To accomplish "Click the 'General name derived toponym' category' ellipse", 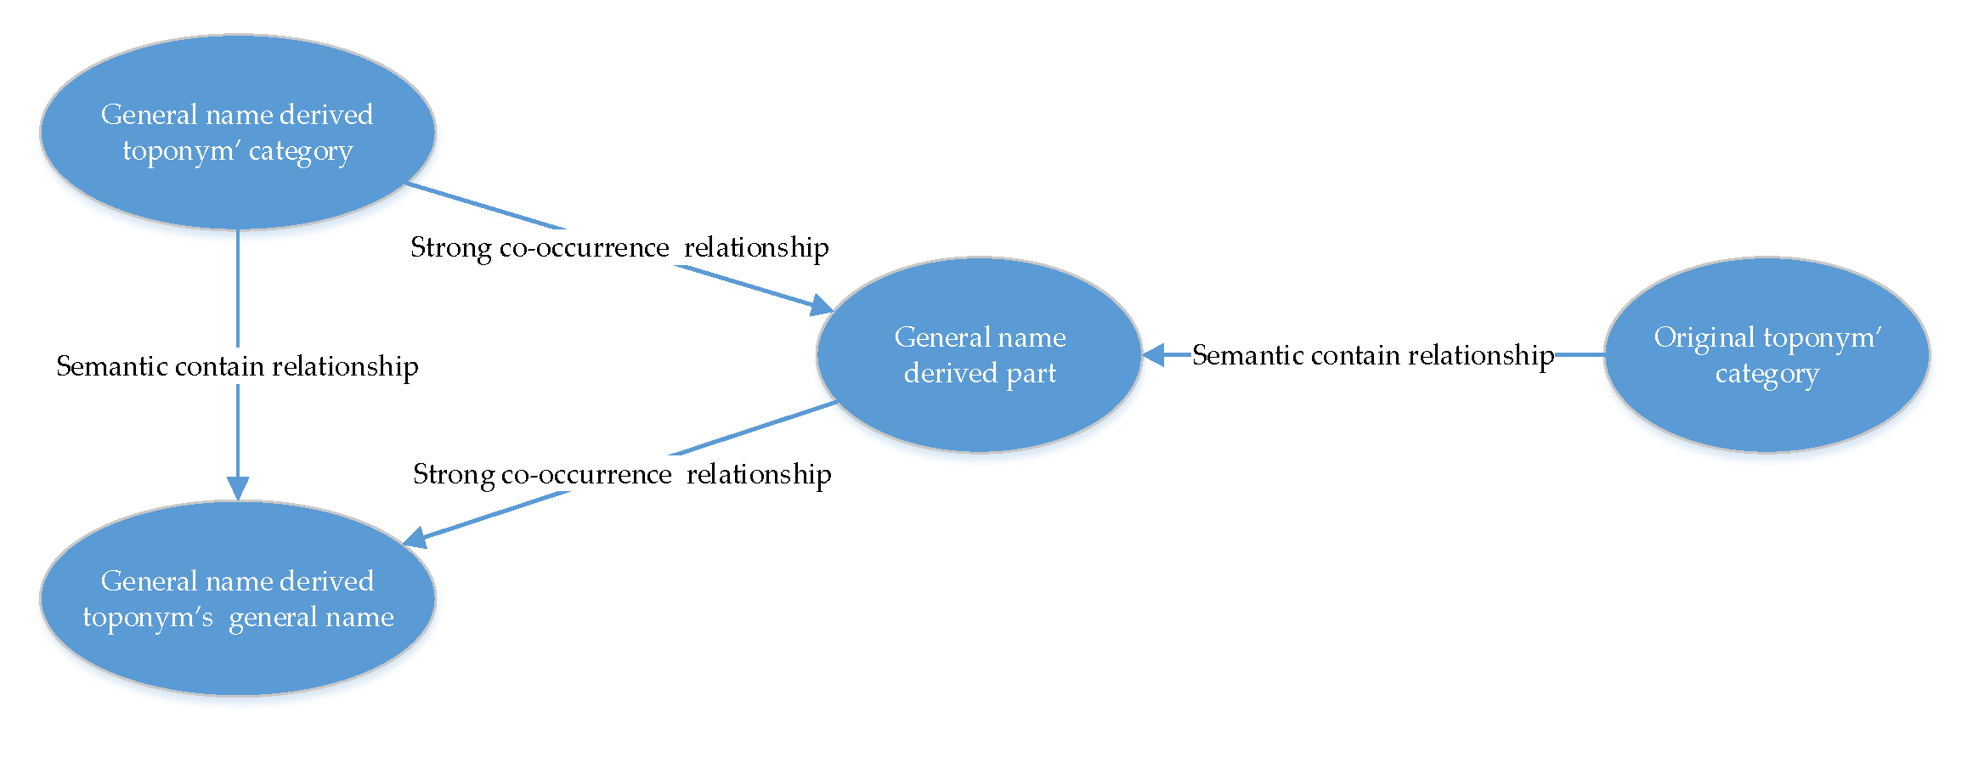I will click(238, 132).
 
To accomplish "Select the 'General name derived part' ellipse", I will click(979, 354).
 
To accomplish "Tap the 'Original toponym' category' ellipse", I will click(1767, 354).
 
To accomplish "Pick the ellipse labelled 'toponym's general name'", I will click(238, 598).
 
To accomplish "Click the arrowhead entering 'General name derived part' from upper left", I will click(822, 305).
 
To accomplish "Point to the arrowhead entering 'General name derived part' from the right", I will click(1153, 354).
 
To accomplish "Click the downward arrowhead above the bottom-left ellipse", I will click(238, 488).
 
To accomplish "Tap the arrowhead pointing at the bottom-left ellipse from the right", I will click(415, 537).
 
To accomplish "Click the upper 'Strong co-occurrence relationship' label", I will click(619, 247).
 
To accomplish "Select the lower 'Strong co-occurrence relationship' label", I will click(622, 474).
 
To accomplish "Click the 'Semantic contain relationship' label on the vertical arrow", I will click(237, 366).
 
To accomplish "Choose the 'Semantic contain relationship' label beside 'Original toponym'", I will click(1373, 355).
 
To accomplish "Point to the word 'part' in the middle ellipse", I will click(1031, 373).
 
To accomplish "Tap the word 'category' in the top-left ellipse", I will click(300, 151).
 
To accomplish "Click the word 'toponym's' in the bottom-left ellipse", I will click(147, 617).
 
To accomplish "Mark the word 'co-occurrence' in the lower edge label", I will click(586, 474).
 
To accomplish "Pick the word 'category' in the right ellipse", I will click(1767, 374).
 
